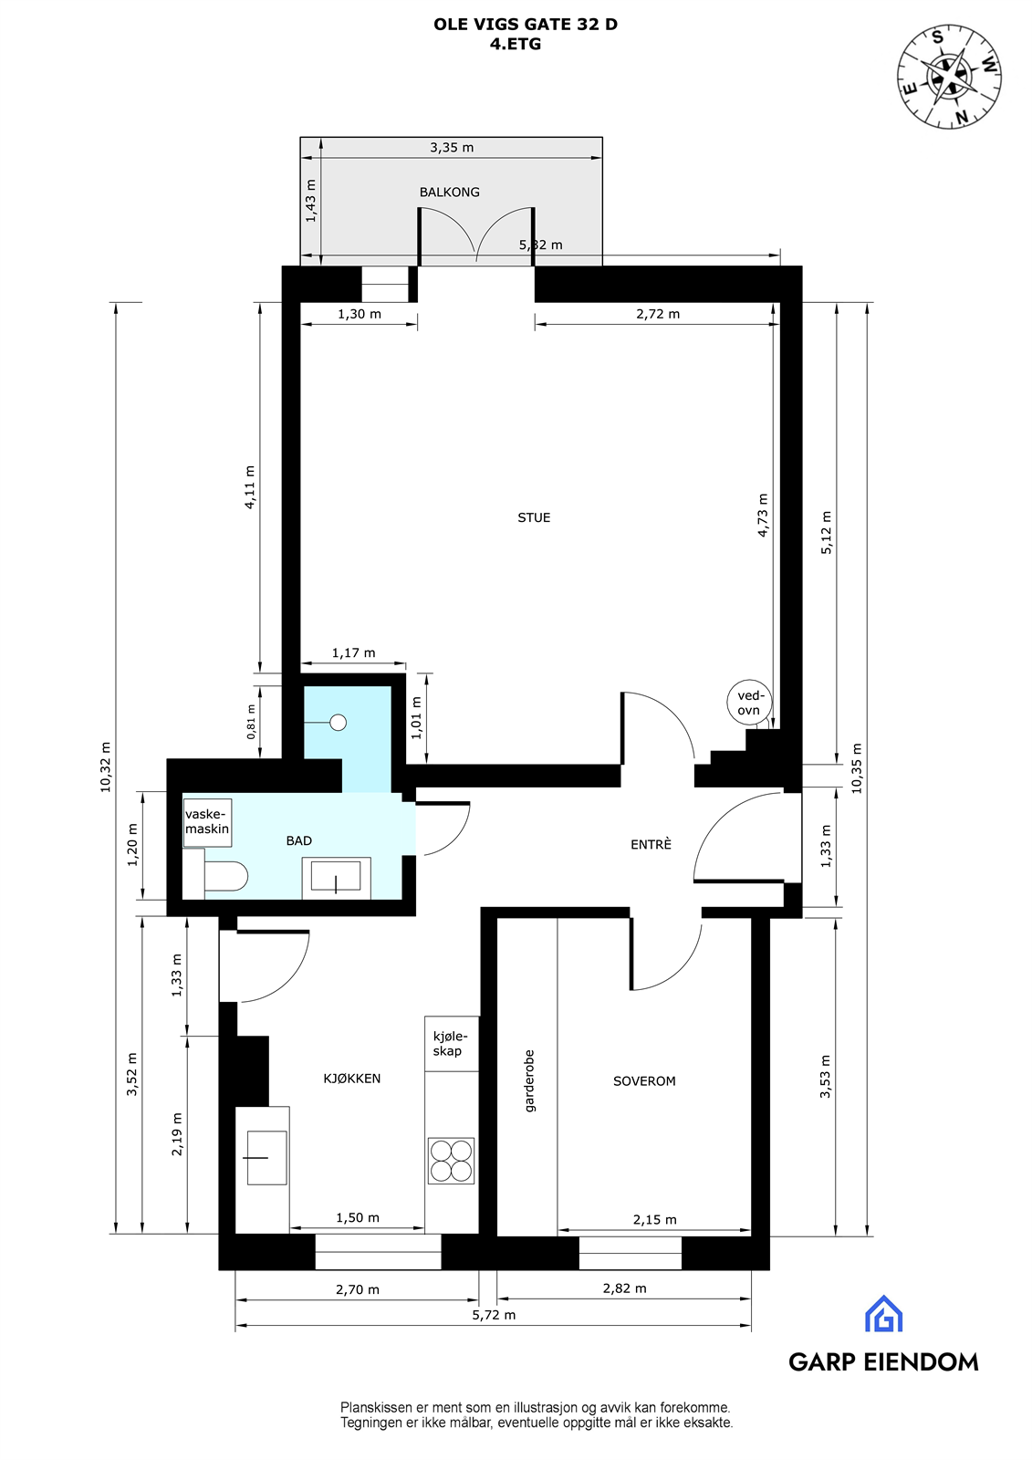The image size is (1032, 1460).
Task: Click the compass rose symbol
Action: pos(949,77)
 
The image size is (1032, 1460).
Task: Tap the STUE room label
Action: pos(534,517)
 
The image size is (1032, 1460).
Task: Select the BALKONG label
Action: pos(449,192)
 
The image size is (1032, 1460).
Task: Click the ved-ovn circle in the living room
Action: pos(749,703)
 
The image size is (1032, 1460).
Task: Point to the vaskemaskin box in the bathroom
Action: pos(207,822)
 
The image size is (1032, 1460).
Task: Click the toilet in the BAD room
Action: pos(224,877)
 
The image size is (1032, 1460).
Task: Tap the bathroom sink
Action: pos(336,878)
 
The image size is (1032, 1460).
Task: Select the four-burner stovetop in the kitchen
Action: pos(451,1161)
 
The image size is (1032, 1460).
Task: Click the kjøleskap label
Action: pos(449,1044)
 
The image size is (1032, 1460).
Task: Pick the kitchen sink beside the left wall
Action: pos(266,1157)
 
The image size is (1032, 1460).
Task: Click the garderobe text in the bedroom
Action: pos(529,1080)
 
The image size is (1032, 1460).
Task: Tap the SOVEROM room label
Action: pos(644,1081)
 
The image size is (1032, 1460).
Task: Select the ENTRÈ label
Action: pos(651,845)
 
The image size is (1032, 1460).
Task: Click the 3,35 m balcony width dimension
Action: pos(452,147)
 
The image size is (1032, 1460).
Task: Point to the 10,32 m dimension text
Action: pos(105,766)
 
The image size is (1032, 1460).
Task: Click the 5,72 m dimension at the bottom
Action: pos(494,1315)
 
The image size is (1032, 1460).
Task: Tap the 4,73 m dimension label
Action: pos(763,515)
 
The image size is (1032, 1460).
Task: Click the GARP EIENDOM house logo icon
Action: pos(883,1314)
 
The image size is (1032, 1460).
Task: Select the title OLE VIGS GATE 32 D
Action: pos(525,25)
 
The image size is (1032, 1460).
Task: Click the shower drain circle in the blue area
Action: pos(339,723)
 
